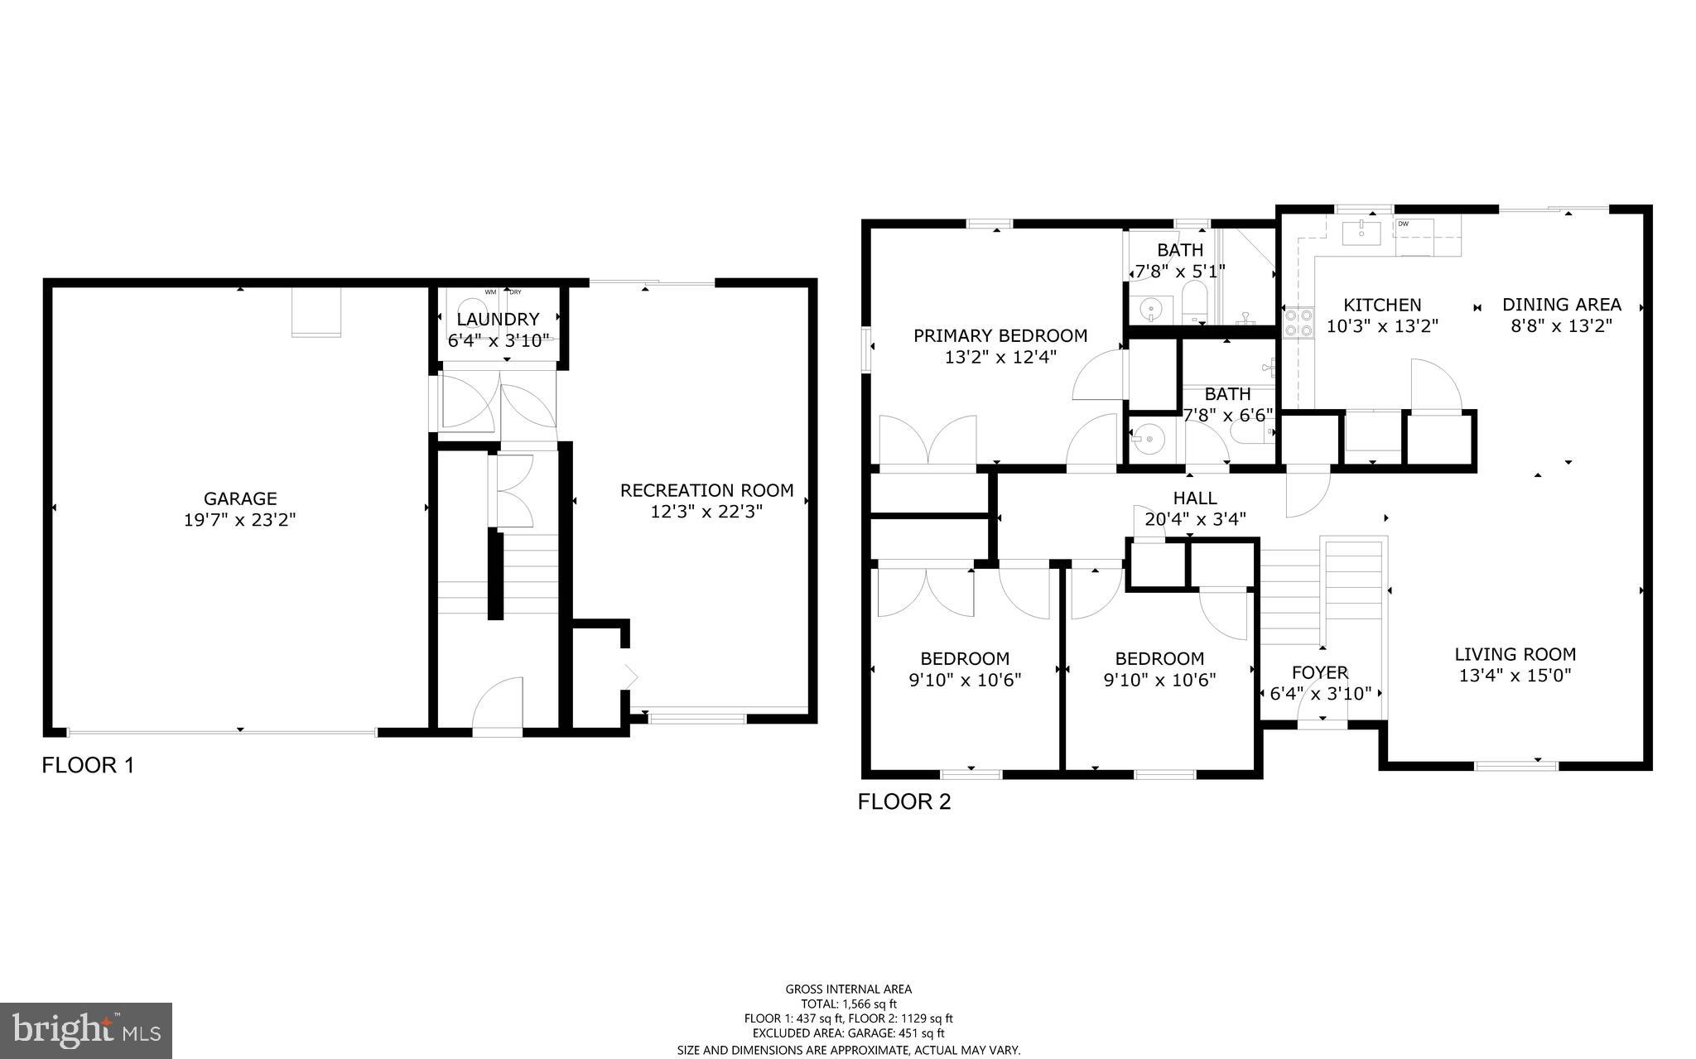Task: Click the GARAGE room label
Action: [240, 498]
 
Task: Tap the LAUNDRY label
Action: [498, 319]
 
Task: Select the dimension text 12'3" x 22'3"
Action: [706, 512]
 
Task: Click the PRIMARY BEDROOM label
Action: [1000, 335]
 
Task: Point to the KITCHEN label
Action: [1382, 305]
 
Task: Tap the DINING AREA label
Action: [1561, 305]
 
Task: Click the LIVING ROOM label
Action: [1515, 654]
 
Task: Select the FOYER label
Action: [1320, 672]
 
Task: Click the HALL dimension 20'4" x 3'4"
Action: [1195, 519]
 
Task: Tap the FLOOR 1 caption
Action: [88, 765]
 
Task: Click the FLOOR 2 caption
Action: [904, 801]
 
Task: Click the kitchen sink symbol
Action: [1361, 231]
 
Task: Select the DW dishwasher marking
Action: [1404, 224]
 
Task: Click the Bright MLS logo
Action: [86, 1030]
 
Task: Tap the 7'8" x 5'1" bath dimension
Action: [1180, 271]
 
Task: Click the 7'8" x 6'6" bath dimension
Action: [1227, 415]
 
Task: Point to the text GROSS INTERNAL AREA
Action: [848, 989]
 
